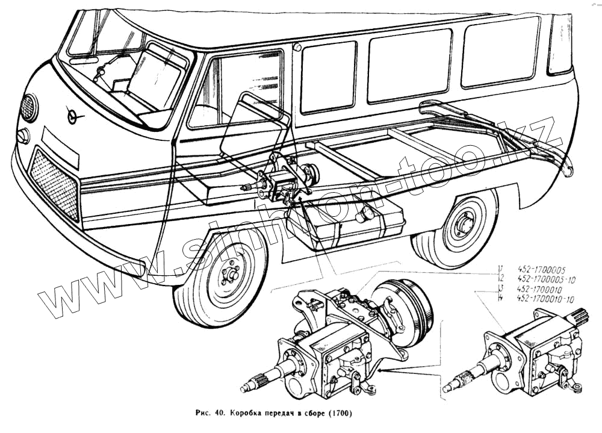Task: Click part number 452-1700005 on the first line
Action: click(x=542, y=270)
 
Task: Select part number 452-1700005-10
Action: click(x=546, y=279)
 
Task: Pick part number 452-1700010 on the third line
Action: click(x=542, y=289)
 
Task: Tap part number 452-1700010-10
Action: click(x=546, y=299)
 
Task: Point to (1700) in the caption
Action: click(x=340, y=414)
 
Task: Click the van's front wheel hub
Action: click(x=229, y=275)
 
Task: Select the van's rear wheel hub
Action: click(x=464, y=228)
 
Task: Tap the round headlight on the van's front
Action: click(x=28, y=108)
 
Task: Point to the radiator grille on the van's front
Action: click(x=54, y=184)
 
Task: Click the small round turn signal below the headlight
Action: click(x=23, y=136)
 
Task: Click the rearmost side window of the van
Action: click(x=560, y=43)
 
